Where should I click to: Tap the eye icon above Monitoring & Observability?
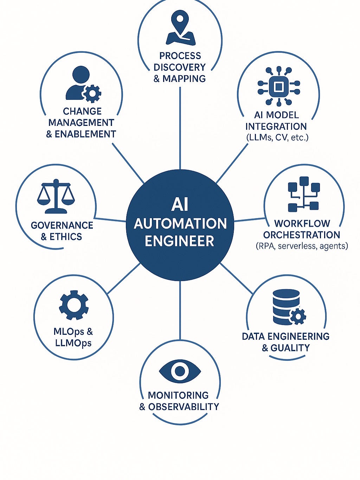(x=180, y=371)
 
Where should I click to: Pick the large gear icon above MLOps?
(x=74, y=305)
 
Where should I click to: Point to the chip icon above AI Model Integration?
(x=278, y=86)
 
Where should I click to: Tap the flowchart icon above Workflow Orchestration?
(x=303, y=194)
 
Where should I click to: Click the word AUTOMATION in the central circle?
(x=180, y=224)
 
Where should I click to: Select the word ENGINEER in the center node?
(x=180, y=241)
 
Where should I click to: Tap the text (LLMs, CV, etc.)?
(x=277, y=137)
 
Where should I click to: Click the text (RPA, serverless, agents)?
(x=302, y=246)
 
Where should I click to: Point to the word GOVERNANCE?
(x=62, y=225)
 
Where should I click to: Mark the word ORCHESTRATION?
(x=302, y=235)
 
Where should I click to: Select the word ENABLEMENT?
(x=85, y=134)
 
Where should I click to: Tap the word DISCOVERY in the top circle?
(x=180, y=67)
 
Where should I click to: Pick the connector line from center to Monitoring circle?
(x=180, y=309)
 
